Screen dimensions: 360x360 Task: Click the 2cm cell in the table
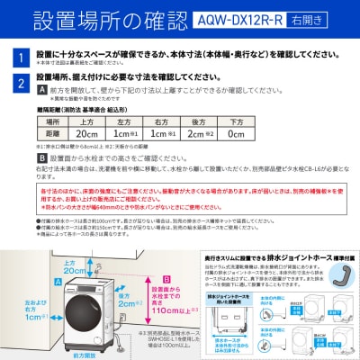pyautogui.click(x=220, y=134)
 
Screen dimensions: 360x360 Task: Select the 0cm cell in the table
pyautogui.click(x=266, y=134)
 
